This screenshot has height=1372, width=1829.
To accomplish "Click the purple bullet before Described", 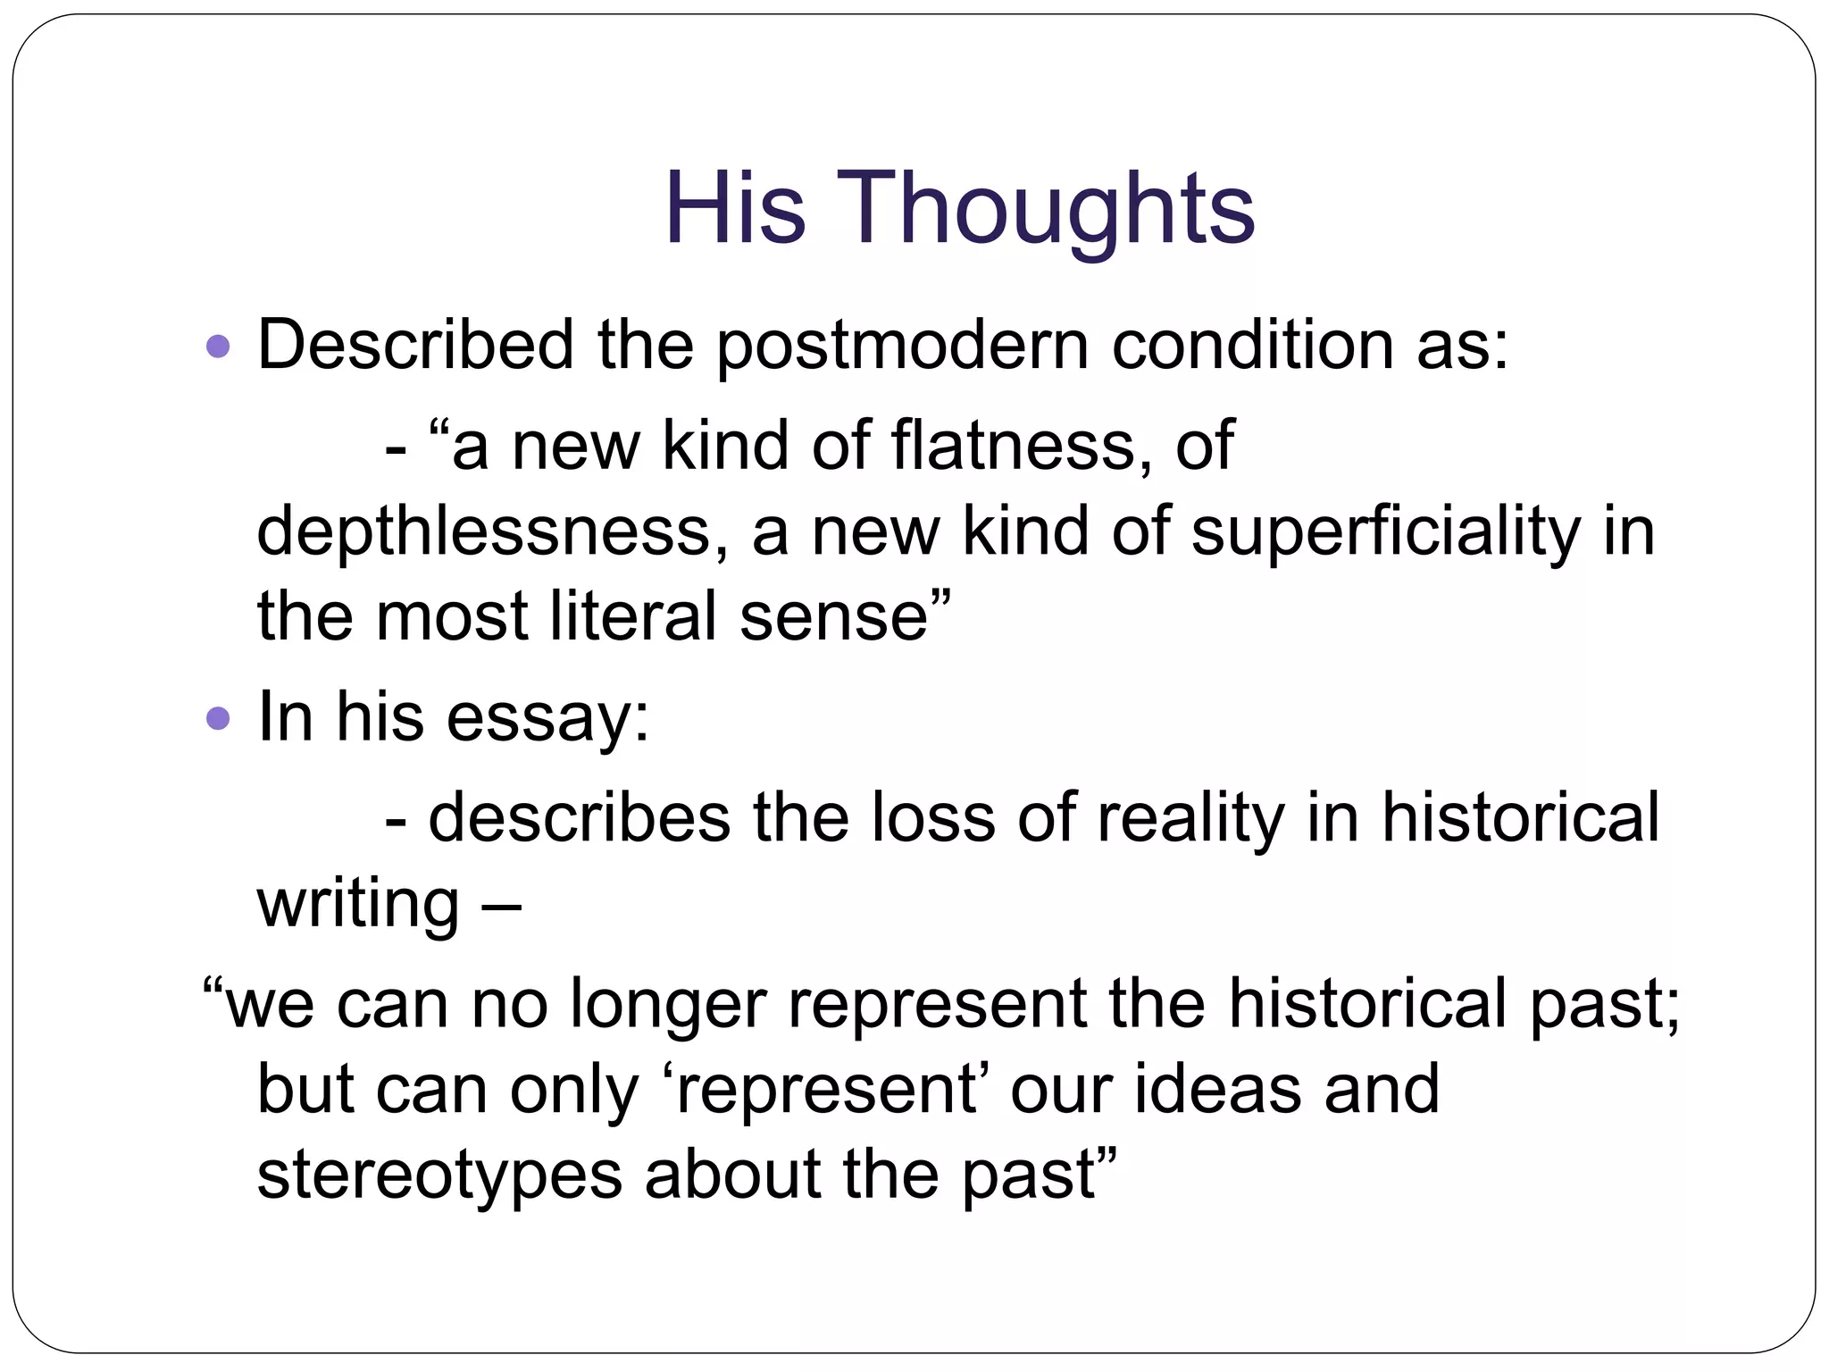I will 218,347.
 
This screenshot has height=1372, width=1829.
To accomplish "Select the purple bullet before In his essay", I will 218,717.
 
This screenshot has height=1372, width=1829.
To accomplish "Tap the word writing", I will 358,906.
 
